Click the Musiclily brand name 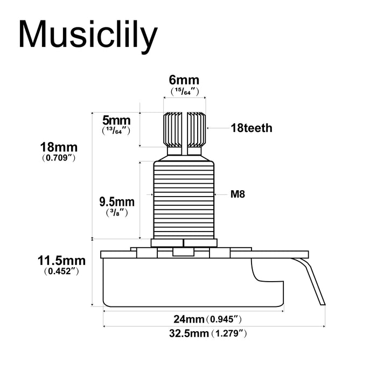pyautogui.click(x=88, y=35)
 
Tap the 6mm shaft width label pyautogui.click(x=184, y=81)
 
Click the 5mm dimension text pyautogui.click(x=116, y=120)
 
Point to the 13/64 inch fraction pyautogui.click(x=116, y=130)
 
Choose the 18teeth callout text pyautogui.click(x=251, y=128)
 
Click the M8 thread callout pyautogui.click(x=238, y=194)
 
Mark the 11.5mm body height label pyautogui.click(x=61, y=261)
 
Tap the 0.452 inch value pyautogui.click(x=61, y=272)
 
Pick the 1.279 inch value pyautogui.click(x=229, y=333)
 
